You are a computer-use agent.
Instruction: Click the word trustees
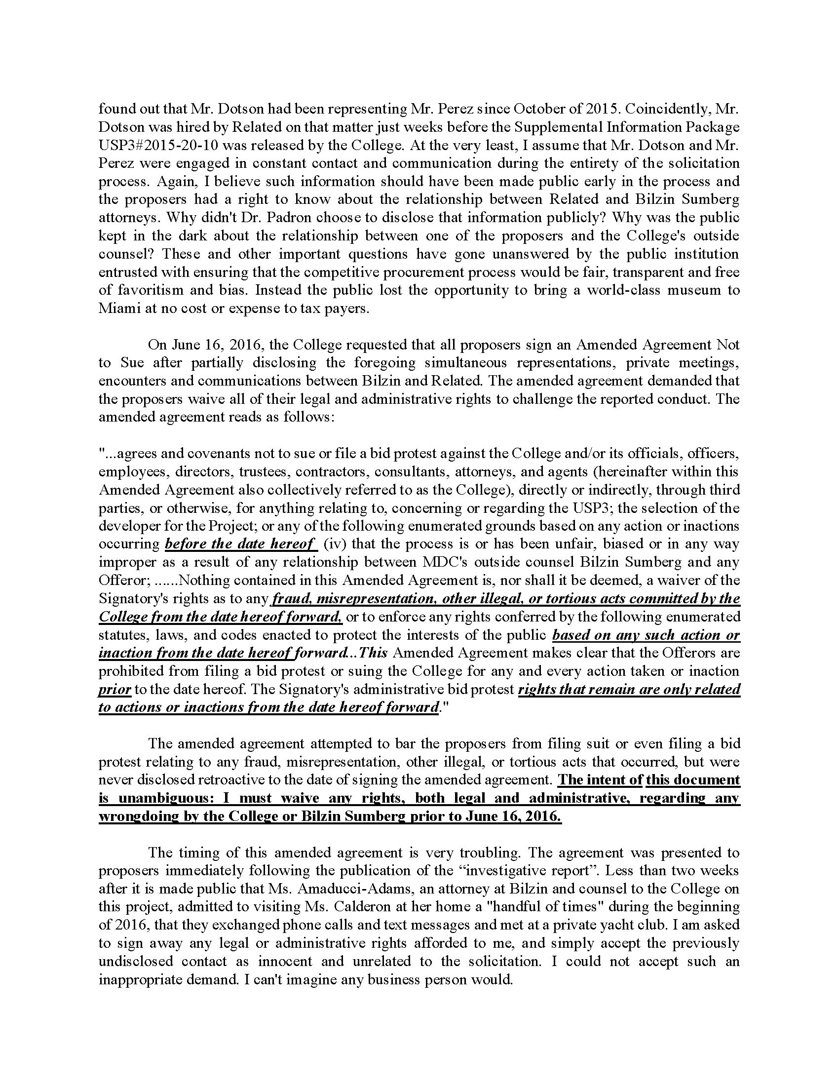(267, 471)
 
